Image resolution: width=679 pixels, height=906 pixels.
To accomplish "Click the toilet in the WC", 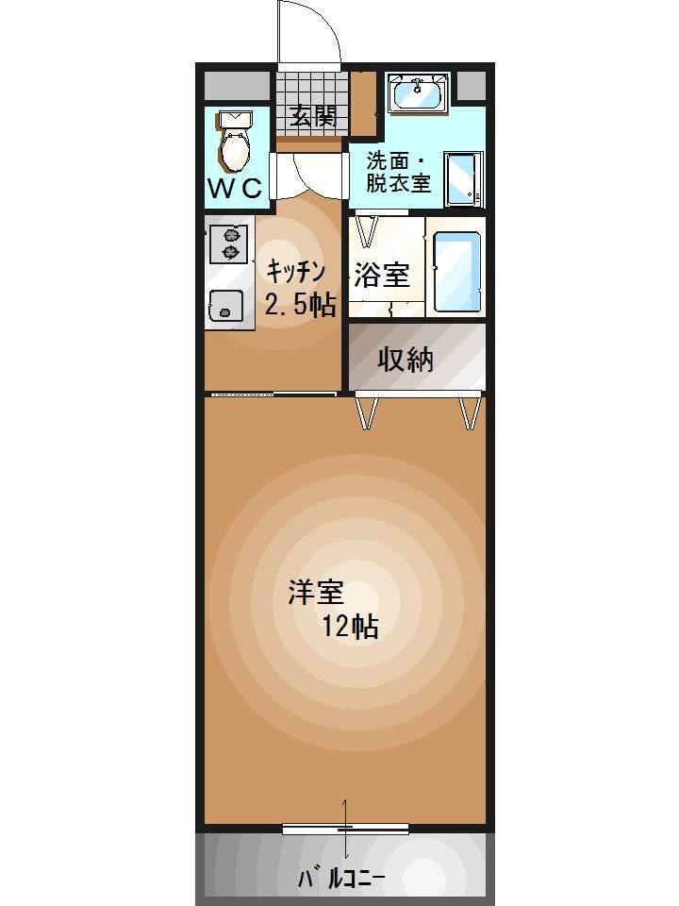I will [233, 142].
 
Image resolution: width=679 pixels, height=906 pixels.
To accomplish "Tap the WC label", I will [235, 188].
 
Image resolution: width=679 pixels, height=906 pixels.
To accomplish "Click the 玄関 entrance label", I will [313, 116].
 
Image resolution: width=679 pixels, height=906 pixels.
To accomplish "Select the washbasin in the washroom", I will [419, 94].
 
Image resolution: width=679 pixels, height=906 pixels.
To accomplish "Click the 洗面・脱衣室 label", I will [399, 171].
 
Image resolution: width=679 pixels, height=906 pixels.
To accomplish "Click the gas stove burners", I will [228, 242].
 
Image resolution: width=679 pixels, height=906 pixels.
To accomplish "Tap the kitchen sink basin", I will [225, 304].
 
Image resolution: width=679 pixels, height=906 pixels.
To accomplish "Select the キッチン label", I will [296, 272].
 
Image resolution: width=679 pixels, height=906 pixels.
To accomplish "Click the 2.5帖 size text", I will [300, 305].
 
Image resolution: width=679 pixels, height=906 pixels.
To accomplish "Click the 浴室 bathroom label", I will [381, 276].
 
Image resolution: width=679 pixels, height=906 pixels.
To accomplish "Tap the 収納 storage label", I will [406, 359].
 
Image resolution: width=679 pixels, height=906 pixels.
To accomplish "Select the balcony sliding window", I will [345, 829].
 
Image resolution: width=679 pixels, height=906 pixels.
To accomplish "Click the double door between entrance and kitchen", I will [311, 172].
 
